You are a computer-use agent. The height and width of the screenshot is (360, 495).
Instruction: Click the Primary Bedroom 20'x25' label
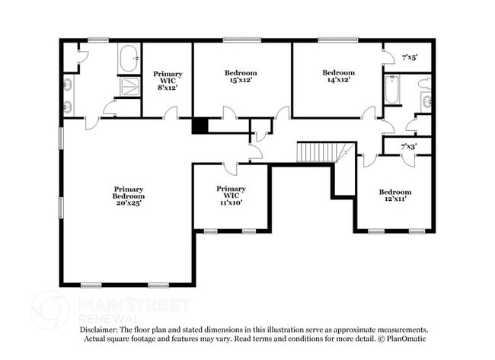(x=129, y=196)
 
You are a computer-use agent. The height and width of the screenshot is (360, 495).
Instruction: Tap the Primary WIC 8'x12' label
(x=168, y=81)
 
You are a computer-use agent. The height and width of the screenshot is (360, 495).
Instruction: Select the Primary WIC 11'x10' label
(x=231, y=196)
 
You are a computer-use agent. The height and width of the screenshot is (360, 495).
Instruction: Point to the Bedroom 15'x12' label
(x=241, y=76)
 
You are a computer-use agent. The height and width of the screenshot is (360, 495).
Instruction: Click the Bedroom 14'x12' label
(x=338, y=76)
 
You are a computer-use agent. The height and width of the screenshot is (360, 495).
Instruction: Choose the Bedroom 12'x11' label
(x=395, y=196)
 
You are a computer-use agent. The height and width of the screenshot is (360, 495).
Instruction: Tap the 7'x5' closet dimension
(x=410, y=58)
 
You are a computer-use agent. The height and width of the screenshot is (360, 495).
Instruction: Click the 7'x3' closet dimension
(x=409, y=146)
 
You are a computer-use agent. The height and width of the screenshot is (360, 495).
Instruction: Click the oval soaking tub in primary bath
(x=129, y=59)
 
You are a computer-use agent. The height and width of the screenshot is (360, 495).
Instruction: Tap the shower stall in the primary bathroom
(x=130, y=87)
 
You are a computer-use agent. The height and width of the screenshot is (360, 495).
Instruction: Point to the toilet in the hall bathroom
(x=425, y=84)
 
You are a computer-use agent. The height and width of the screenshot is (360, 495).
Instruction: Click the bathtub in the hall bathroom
(x=391, y=89)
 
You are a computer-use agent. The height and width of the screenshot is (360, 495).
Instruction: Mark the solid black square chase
(x=200, y=126)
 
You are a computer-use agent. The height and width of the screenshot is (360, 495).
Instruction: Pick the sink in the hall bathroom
(x=427, y=101)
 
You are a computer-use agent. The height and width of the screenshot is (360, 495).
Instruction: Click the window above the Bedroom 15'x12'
(x=242, y=40)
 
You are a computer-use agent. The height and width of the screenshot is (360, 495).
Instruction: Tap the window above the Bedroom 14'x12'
(x=338, y=40)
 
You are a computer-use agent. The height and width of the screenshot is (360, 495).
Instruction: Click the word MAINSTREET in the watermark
(x=135, y=304)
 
